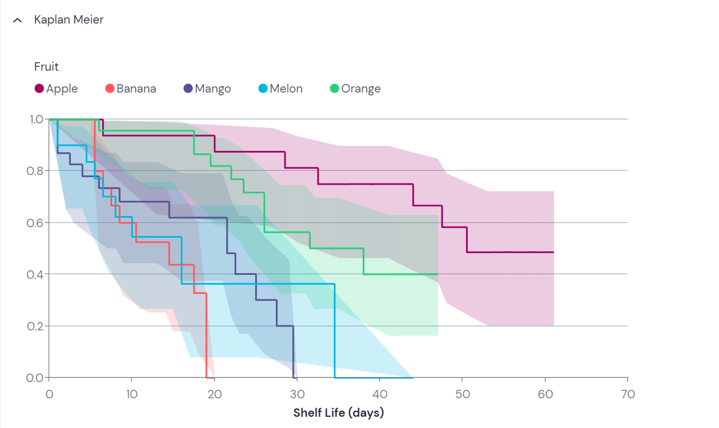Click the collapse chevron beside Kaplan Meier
pyautogui.click(x=17, y=20)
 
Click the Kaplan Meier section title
pyautogui.click(x=68, y=20)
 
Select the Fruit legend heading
pyautogui.click(x=47, y=67)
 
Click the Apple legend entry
pyautogui.click(x=57, y=89)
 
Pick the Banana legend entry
pyautogui.click(x=131, y=89)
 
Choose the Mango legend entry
pyautogui.click(x=207, y=89)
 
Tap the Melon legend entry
pyautogui.click(x=280, y=89)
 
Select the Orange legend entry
pyautogui.click(x=356, y=89)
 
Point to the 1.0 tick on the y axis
pyautogui.click(x=36, y=119)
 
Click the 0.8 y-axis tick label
pyautogui.click(x=36, y=171)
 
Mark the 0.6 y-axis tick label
pyautogui.click(x=36, y=223)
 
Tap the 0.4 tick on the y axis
pyautogui.click(x=36, y=274)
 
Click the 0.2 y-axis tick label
pyautogui.click(x=36, y=326)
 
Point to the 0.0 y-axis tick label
pyautogui.click(x=36, y=378)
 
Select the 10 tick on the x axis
pyautogui.click(x=131, y=394)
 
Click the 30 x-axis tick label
pyautogui.click(x=297, y=394)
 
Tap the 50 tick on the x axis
pyautogui.click(x=463, y=394)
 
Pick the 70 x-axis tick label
pyautogui.click(x=628, y=394)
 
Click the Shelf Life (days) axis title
pyautogui.click(x=339, y=413)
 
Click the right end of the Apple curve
pyautogui.click(x=553, y=252)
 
